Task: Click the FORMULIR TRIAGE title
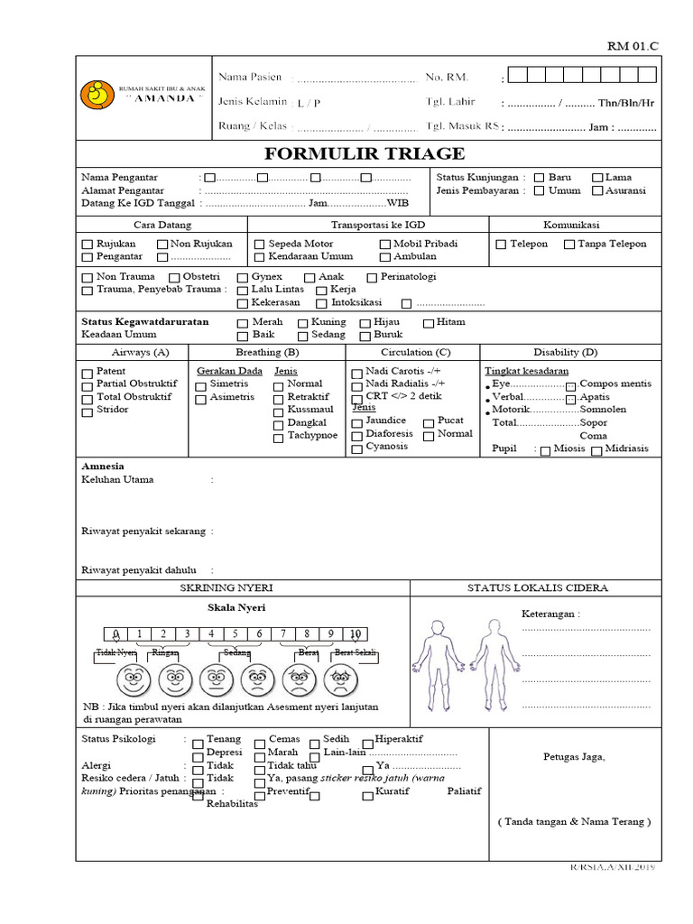(365, 153)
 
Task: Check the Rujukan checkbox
(88, 245)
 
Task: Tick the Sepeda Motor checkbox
(260, 245)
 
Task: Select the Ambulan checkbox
(384, 257)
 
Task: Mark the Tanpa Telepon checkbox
(569, 245)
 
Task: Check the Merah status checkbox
(242, 323)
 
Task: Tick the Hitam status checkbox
(428, 323)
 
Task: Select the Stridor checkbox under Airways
(88, 411)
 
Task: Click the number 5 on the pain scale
(234, 633)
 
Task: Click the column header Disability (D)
(565, 352)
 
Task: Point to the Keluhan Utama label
(117, 480)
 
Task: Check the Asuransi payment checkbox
(597, 191)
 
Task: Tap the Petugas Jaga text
(574, 756)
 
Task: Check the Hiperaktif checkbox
(365, 740)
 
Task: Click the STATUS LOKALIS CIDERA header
(537, 587)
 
